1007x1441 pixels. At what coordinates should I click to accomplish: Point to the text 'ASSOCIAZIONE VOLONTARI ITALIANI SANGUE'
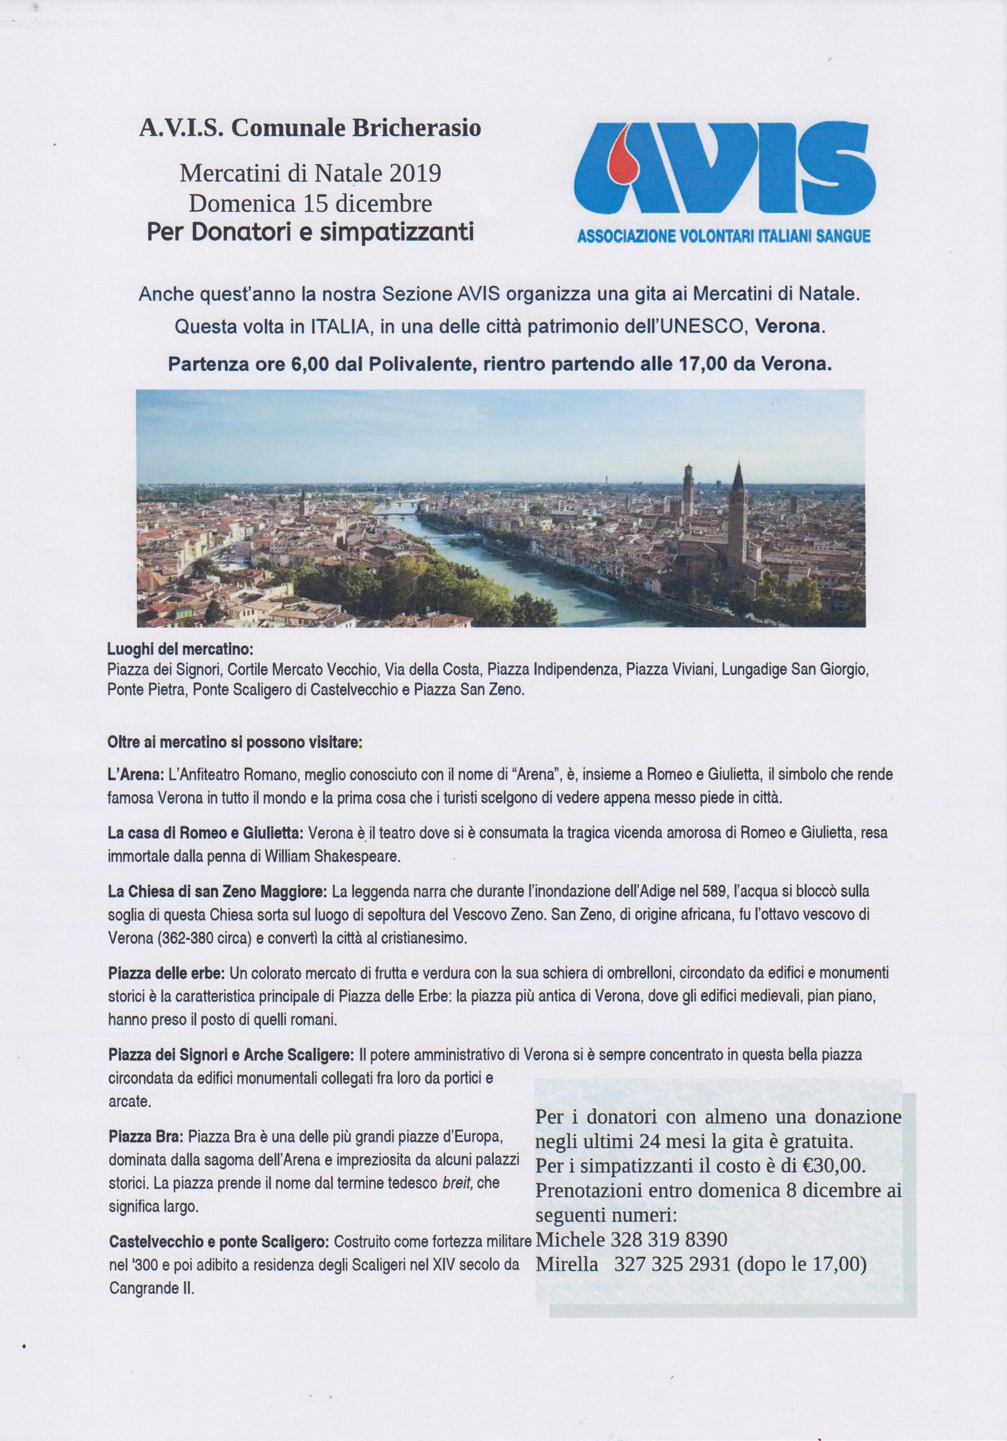point(723,237)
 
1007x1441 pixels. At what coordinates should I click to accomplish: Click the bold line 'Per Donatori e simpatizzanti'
point(309,233)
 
